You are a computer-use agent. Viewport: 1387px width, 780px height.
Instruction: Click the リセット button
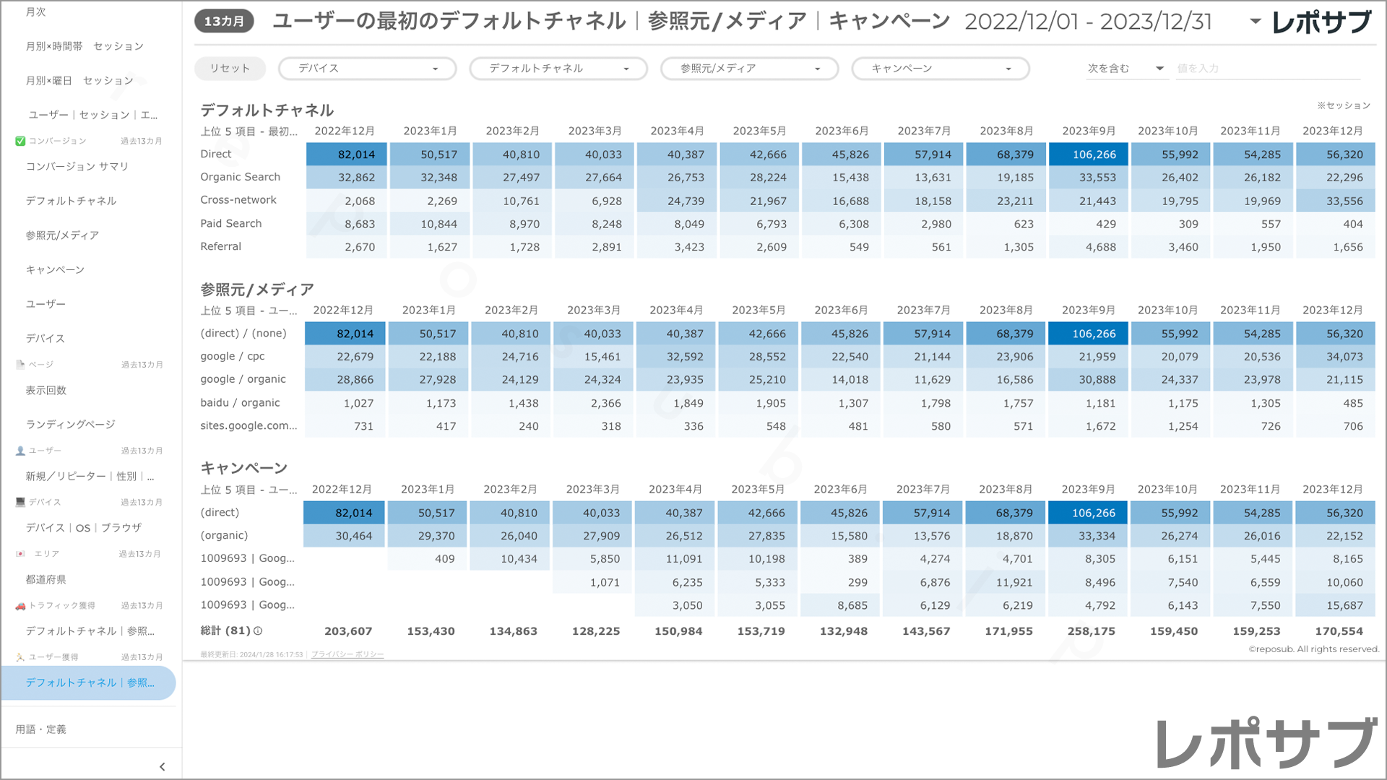coord(230,69)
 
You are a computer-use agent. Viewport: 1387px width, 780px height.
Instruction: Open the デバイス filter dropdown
coord(367,69)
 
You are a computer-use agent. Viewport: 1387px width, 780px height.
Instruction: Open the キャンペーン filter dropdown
coord(940,69)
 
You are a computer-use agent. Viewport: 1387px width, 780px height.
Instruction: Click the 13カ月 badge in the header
coord(224,22)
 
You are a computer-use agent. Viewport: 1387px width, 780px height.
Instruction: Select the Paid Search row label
coord(231,224)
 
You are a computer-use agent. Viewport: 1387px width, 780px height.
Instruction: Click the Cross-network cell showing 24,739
coord(678,201)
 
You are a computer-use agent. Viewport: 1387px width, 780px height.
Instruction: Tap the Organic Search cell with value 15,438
coord(842,178)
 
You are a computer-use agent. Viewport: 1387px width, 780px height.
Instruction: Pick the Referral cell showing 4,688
coord(1089,247)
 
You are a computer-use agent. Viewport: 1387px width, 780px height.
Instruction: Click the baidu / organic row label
coord(240,403)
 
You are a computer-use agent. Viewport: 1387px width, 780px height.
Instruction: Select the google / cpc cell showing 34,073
coord(1336,357)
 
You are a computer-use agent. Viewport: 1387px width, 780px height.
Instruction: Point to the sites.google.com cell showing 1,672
coord(1089,426)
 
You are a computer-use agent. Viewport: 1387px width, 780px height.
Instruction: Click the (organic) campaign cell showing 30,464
coord(344,536)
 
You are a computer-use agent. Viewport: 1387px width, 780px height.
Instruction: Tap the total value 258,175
coord(1091,631)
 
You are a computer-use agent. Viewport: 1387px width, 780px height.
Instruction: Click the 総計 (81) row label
coord(231,630)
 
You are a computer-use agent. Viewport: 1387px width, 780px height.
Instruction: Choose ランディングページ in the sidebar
coord(71,425)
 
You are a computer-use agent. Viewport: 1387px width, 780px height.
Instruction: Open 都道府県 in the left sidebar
coord(46,579)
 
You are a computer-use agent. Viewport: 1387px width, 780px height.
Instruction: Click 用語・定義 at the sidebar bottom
coord(41,729)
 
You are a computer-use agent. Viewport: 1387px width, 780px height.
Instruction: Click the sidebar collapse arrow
coord(162,767)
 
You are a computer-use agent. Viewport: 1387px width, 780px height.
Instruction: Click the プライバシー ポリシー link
coord(347,654)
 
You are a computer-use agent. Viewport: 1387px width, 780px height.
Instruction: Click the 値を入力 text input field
coord(1267,69)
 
